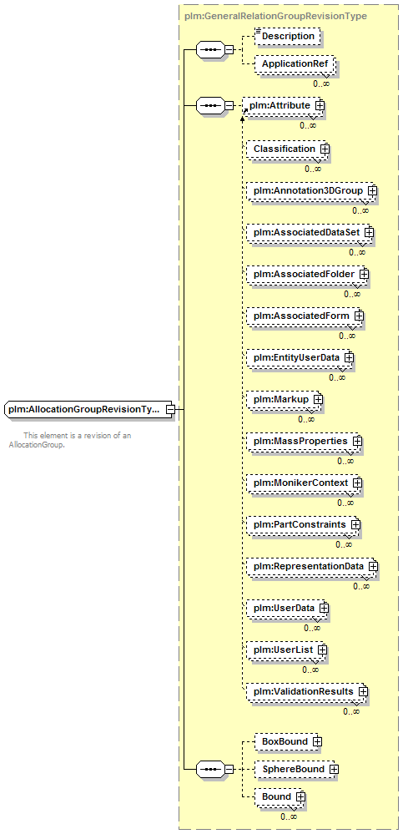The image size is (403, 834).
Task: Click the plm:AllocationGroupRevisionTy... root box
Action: point(88,410)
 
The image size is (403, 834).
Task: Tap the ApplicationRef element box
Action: point(294,64)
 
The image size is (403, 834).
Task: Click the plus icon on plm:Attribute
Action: point(320,106)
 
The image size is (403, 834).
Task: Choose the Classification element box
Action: point(288,149)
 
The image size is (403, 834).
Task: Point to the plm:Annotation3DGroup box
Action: point(310,191)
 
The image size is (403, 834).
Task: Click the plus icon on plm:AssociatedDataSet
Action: point(369,232)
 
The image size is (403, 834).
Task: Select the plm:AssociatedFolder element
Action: point(308,274)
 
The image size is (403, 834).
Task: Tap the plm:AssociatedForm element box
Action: point(305,316)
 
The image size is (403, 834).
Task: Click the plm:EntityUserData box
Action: point(300,357)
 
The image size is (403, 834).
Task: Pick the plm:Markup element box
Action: point(285,399)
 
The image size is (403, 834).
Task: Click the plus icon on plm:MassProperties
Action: point(358,441)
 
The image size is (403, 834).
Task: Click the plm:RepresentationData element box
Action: point(312,566)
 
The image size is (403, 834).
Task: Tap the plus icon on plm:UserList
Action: point(322,650)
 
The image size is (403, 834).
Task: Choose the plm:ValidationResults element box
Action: point(307,691)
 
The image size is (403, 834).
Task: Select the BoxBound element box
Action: point(288,741)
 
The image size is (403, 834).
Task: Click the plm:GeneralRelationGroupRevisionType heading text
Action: point(275,16)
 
